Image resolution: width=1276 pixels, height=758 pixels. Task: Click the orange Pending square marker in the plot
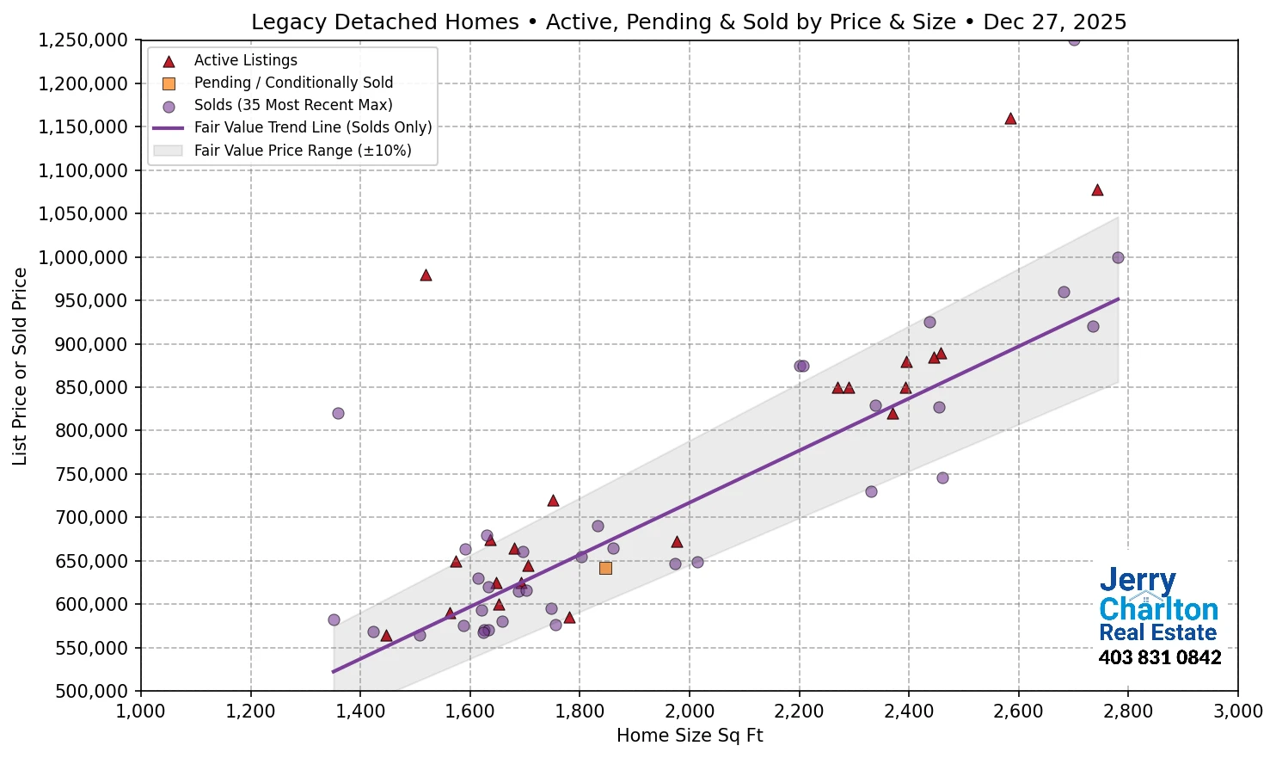(605, 568)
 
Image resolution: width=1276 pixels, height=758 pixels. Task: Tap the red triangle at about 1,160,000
(1010, 119)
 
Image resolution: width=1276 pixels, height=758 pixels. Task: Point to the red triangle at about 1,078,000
(1097, 190)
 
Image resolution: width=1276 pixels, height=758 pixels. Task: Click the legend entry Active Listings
(245, 60)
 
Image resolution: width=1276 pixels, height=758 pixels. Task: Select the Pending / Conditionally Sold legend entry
(293, 83)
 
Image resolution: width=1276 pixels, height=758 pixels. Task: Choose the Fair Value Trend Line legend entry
(312, 127)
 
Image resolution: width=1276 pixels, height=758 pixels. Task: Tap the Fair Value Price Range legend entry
(303, 151)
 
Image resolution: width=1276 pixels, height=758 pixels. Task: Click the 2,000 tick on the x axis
(690, 712)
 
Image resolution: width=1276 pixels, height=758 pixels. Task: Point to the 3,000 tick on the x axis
(1237, 712)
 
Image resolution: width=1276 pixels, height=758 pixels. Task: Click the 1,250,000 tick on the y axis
(83, 40)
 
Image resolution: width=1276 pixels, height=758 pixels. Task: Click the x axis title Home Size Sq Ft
(690, 736)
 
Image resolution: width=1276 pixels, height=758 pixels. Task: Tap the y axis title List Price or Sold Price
(20, 366)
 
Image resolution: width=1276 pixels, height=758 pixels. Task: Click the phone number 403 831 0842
(1159, 658)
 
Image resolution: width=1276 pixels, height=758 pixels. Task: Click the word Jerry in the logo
(1137, 581)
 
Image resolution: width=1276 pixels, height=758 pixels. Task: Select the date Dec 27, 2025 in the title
(1054, 22)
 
